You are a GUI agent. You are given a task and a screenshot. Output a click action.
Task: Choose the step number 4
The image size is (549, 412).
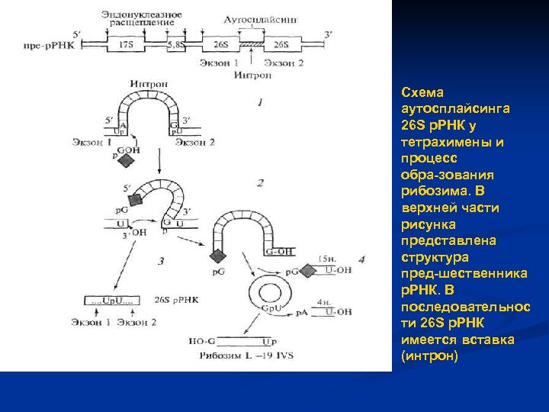point(361,260)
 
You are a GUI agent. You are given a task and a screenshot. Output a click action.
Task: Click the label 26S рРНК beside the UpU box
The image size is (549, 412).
point(176,300)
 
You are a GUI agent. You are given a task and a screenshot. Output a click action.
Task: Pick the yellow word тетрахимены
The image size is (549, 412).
point(445,141)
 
